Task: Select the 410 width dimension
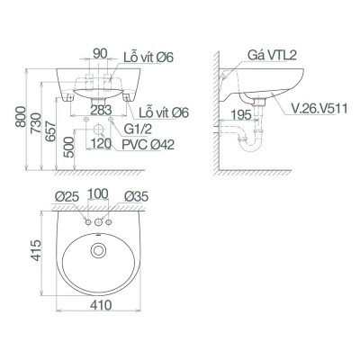[x=99, y=306]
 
